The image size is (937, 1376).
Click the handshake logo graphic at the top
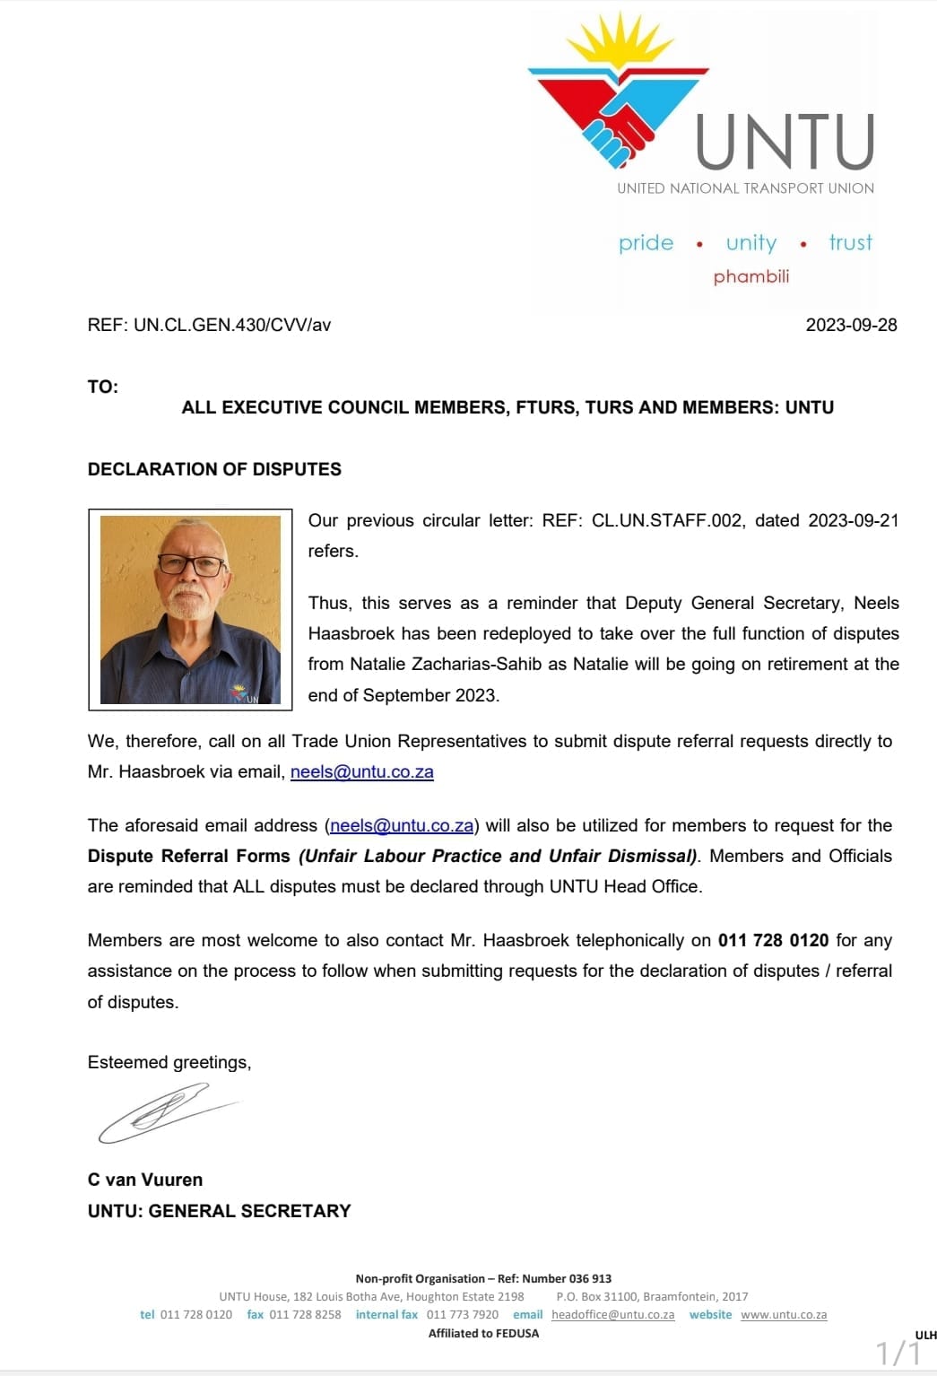tap(619, 99)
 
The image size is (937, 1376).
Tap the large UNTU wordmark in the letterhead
tap(785, 142)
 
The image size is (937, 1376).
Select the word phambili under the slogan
tap(751, 276)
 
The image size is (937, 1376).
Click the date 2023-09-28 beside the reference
tap(851, 325)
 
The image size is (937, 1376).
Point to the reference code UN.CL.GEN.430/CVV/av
tap(231, 325)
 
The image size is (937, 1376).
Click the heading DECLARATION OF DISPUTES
tap(214, 469)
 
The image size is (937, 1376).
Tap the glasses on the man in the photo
tap(191, 565)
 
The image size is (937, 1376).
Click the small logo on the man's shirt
tap(240, 692)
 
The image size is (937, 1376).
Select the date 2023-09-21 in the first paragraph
tap(853, 520)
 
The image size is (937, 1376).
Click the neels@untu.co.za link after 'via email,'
tap(361, 771)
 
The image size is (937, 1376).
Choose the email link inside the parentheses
tap(402, 825)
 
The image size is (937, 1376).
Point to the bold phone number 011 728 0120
tap(773, 940)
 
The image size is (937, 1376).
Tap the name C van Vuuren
tap(145, 1180)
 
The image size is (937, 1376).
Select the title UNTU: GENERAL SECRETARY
tap(219, 1211)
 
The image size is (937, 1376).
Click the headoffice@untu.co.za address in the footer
tap(612, 1314)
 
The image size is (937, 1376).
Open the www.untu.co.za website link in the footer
tap(784, 1314)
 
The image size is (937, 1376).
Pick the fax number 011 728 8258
tap(305, 1314)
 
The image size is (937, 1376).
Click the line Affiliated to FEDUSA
tap(483, 1333)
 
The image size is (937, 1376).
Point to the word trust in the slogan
tap(850, 242)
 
